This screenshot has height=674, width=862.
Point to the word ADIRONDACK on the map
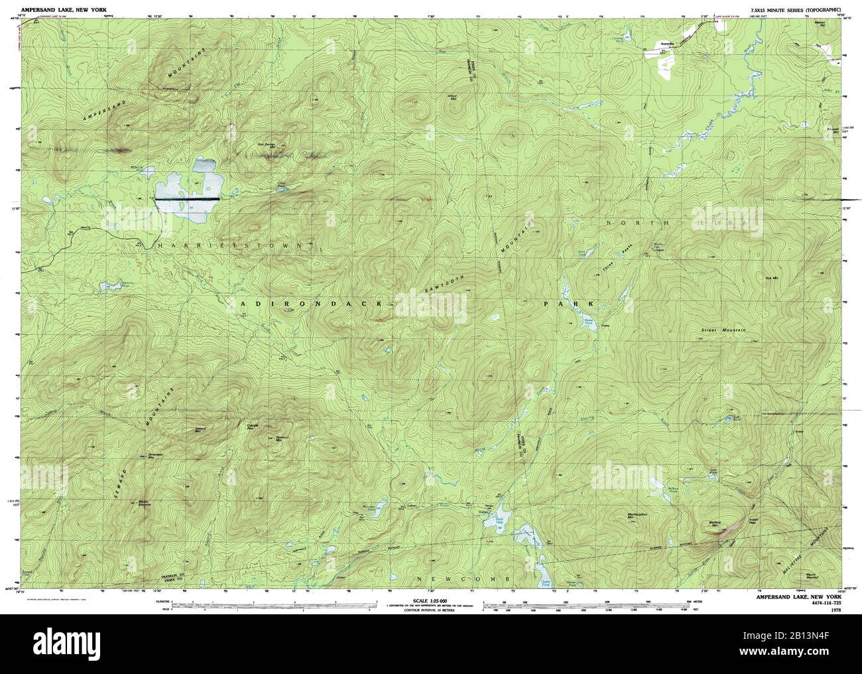(x=311, y=303)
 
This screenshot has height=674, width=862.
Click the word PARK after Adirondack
(x=566, y=303)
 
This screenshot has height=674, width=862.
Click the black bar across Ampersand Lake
(x=188, y=198)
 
